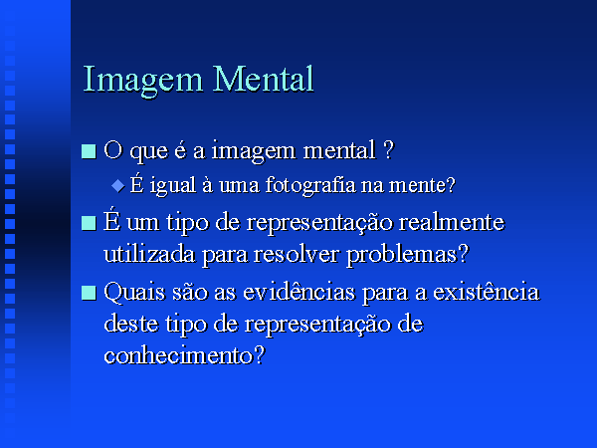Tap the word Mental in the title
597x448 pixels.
pyautogui.click(x=263, y=79)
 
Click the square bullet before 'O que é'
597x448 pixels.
pyautogui.click(x=89, y=151)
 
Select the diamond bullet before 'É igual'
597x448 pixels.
pyautogui.click(x=118, y=186)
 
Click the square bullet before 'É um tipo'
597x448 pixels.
pyautogui.click(x=89, y=223)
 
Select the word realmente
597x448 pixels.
pyautogui.click(x=451, y=222)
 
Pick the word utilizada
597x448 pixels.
pyautogui.click(x=149, y=254)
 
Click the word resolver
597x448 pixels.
pyautogui.click(x=296, y=255)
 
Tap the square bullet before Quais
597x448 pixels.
pyautogui.click(x=89, y=293)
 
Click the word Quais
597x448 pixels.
pyautogui.click(x=134, y=293)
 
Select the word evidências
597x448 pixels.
pyautogui.click(x=298, y=292)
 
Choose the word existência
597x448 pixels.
pyautogui.click(x=487, y=292)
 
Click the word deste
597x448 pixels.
pyautogui.click(x=130, y=325)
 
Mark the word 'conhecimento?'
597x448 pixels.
pyautogui.click(x=184, y=355)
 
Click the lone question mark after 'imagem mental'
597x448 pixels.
pyautogui.click(x=389, y=150)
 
